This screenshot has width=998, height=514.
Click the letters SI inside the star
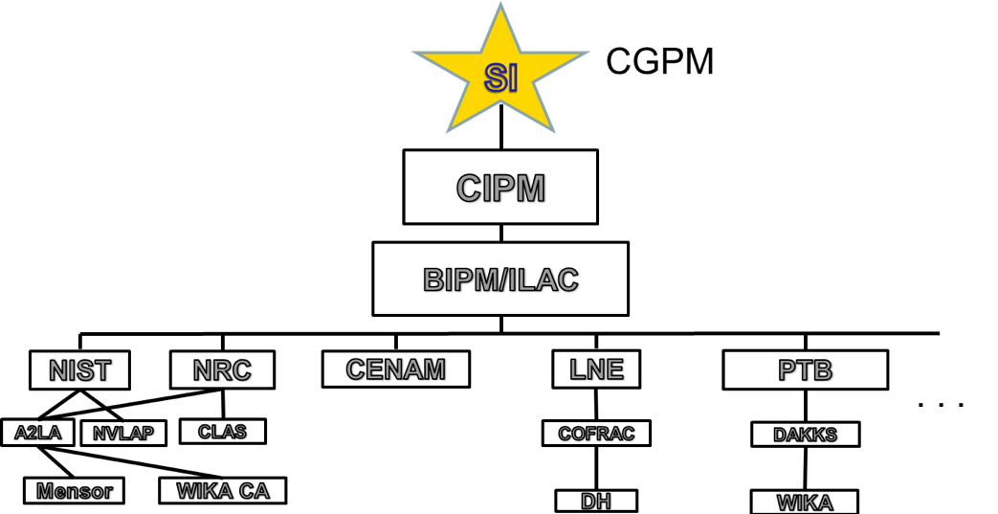pos(500,77)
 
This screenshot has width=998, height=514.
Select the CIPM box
pos(500,187)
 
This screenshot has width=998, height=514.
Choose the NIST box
pos(79,369)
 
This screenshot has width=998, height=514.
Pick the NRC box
pos(222,369)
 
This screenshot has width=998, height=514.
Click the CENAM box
pos(395,369)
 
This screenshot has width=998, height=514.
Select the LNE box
pos(596,369)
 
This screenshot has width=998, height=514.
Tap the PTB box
pos(805,369)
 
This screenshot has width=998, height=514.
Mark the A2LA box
pos(37,433)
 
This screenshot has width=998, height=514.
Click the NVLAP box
pos(123,434)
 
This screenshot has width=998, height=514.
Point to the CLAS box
pos(222,432)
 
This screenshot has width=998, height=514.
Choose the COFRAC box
pos(596,434)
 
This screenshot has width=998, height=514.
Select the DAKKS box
pos(805,435)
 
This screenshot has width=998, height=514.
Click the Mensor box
pos(74,491)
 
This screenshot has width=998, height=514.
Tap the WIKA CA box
pos(223,491)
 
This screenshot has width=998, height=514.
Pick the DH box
pos(596,501)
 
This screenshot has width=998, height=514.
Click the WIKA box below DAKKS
pos(804,503)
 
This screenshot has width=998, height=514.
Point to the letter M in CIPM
pos(529,188)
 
